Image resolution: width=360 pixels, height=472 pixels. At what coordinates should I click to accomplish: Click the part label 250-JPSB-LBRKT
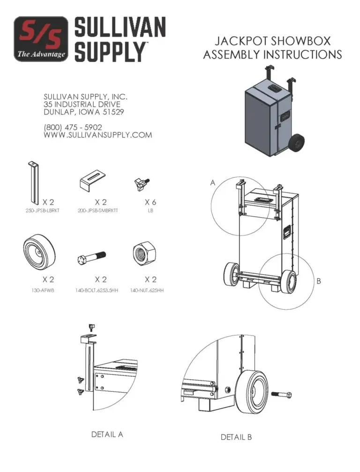point(42,211)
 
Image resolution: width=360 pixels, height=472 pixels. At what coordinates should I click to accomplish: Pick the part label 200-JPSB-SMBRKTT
point(97,211)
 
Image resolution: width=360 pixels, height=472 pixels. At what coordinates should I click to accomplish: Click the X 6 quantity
point(150,202)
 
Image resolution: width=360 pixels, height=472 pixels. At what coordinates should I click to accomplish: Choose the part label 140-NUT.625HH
point(147,290)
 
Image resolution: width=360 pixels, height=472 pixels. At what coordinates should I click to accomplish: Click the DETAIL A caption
point(107,434)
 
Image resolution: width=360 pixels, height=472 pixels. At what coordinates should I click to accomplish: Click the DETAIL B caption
point(236,437)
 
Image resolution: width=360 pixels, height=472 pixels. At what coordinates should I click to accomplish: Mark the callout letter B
point(318,282)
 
